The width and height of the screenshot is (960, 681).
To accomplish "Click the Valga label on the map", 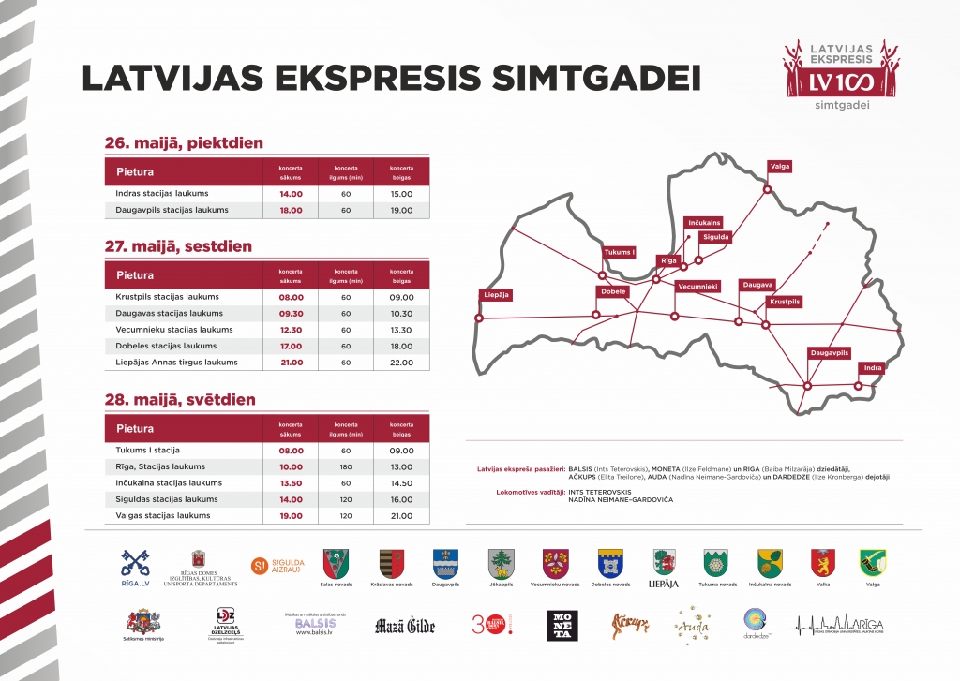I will coord(780,166).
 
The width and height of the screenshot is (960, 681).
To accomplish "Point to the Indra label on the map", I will coord(873,367).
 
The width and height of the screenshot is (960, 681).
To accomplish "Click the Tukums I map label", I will coord(620,252).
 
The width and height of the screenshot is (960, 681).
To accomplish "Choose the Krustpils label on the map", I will coord(785,302).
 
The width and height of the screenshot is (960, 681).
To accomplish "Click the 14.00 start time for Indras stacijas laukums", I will coord(291,194).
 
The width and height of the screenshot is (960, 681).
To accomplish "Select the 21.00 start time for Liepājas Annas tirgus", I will coord(291,363).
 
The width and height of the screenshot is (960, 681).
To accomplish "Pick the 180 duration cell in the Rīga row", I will coord(346,466).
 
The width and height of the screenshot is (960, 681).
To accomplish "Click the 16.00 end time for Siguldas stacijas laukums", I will coord(401,500).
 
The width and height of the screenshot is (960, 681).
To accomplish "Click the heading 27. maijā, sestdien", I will coord(178,246).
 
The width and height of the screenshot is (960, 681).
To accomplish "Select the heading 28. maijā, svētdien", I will coord(179,400).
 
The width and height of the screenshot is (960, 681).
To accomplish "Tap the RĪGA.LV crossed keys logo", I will coord(135,567).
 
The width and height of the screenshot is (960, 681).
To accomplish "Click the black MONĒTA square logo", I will coord(562,625).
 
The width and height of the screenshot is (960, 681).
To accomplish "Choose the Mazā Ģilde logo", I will coord(405,626).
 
